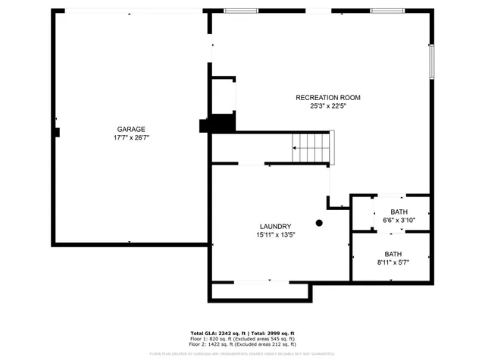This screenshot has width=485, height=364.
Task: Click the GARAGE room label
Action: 131,129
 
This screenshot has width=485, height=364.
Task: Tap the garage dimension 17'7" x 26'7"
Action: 131,137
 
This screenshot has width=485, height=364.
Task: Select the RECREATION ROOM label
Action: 327,97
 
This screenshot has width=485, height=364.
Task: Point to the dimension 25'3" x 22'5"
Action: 327,106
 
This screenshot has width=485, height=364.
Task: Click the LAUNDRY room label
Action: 275,226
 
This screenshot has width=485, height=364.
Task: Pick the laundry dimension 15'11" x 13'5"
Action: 275,235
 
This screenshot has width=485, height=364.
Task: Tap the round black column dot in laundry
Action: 319,223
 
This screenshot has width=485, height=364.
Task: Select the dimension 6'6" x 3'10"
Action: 399,221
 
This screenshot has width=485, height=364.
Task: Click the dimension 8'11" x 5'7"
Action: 393,263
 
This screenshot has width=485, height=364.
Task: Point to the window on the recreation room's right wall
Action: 431,61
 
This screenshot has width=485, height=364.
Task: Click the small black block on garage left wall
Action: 57,132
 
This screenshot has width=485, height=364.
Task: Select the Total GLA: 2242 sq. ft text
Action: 216,334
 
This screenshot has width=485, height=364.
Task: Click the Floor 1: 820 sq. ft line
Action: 242,339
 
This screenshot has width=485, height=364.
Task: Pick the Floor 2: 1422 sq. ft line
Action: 242,344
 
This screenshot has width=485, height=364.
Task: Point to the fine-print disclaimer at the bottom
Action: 242,353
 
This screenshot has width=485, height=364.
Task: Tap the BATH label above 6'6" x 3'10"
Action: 399,212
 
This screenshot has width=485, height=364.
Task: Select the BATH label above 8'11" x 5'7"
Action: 393,254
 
